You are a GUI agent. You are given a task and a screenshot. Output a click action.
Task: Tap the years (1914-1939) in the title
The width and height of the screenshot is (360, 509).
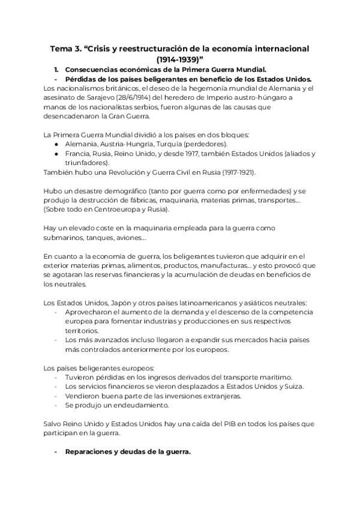[x=181, y=59]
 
